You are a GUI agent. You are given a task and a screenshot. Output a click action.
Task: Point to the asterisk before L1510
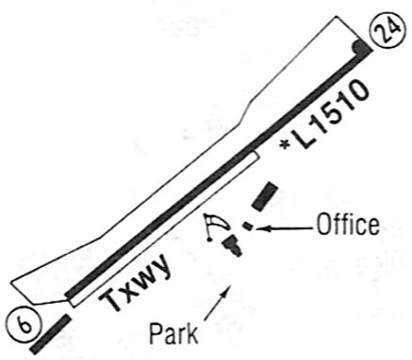click(x=285, y=144)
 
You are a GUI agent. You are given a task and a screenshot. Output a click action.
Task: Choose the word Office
click(x=348, y=225)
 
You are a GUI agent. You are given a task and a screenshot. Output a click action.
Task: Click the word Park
click(x=173, y=334)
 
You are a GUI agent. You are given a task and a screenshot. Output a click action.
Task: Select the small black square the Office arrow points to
click(x=248, y=226)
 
